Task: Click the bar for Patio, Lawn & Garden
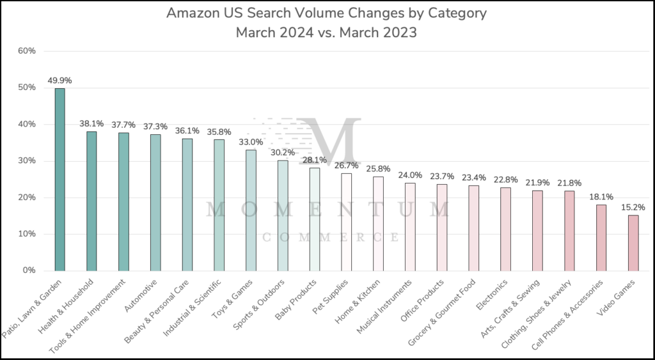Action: coord(59,179)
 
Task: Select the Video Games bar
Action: coord(633,242)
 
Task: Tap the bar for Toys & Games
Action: coord(251,210)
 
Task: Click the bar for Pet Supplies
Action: coord(346,221)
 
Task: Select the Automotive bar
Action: coord(155,202)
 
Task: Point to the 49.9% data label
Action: coord(59,81)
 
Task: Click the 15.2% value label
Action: coord(633,207)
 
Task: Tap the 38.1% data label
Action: coord(91,123)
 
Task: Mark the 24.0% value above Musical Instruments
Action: coord(410,175)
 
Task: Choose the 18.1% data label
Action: coord(601,197)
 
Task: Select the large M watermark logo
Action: coord(331,142)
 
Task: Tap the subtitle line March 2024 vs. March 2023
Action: coord(326,32)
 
